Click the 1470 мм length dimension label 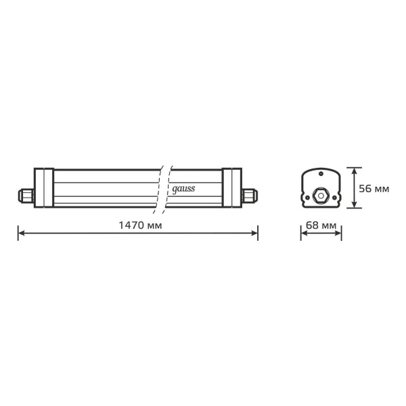pyautogui.click(x=140, y=225)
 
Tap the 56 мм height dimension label pyautogui.click(x=374, y=189)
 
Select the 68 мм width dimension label pyautogui.click(x=321, y=225)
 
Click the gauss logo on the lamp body pyautogui.click(x=183, y=189)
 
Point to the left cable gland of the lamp pyautogui.click(x=26, y=196)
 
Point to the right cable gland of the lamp pyautogui.click(x=250, y=196)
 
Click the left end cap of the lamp pyautogui.click(x=44, y=187)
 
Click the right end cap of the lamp pyautogui.click(x=232, y=187)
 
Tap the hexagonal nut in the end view pyautogui.click(x=321, y=196)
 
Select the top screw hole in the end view pyautogui.click(x=321, y=173)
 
